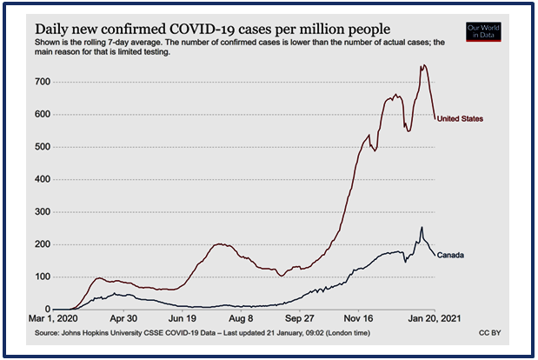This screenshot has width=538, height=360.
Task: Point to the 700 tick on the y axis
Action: click(x=41, y=82)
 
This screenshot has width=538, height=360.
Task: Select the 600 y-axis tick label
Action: click(x=41, y=114)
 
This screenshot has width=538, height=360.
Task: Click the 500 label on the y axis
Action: click(x=41, y=147)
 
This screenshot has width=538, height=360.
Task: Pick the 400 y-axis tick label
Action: click(x=41, y=179)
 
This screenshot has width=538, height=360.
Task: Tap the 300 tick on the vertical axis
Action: click(x=41, y=212)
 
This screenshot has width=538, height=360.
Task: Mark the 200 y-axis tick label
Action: click(x=41, y=244)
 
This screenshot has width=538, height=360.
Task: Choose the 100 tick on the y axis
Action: click(x=41, y=277)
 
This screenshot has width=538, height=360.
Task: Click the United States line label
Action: click(x=461, y=118)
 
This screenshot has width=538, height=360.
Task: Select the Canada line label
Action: click(x=450, y=255)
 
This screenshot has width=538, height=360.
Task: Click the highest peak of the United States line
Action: click(x=423, y=65)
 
